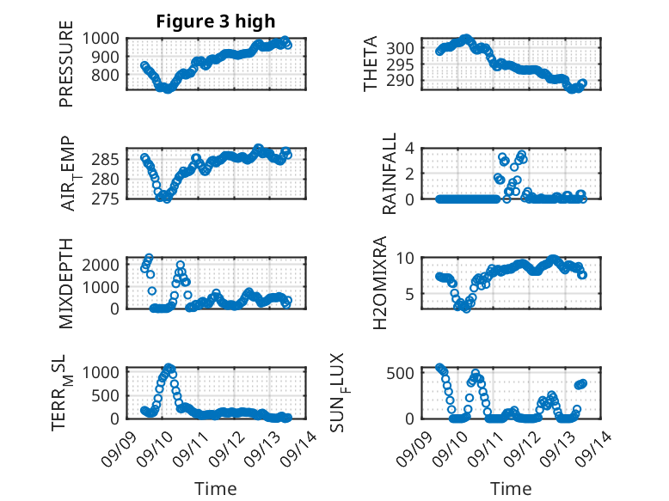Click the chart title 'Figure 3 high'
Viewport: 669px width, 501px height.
[216, 21]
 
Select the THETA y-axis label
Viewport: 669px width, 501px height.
[371, 64]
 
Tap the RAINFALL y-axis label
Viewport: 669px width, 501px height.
[389, 174]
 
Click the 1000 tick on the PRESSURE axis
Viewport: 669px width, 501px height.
[105, 39]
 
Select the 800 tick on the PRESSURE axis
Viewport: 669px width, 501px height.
[110, 75]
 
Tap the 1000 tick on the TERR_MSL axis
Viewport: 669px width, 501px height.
[105, 372]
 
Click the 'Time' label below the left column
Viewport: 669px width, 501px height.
[215, 488]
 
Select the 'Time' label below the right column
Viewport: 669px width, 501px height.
[511, 488]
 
